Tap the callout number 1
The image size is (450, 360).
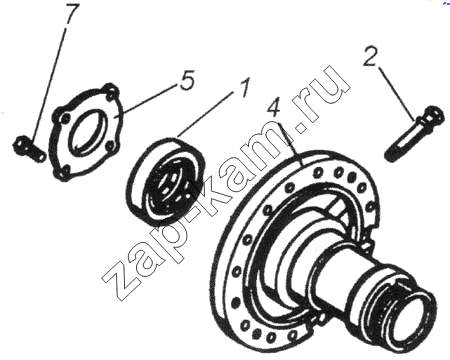(243, 87)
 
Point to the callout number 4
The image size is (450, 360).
(275, 107)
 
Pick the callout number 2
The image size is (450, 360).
(370, 56)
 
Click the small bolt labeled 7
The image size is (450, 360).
(29, 150)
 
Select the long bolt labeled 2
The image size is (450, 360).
(414, 133)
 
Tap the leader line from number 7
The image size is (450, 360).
(49, 85)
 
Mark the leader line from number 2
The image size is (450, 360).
(397, 94)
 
